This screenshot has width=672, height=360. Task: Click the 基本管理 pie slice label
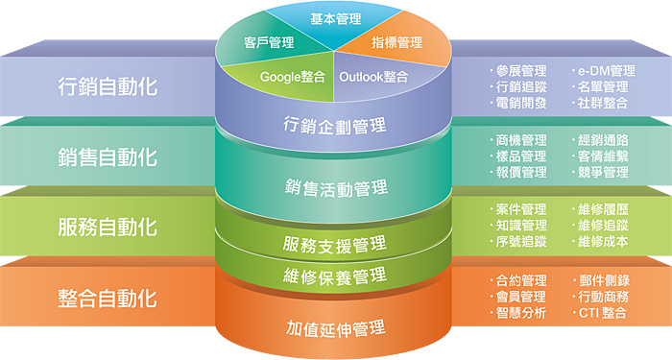point(335,18)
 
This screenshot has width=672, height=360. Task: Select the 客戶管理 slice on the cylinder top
point(269,42)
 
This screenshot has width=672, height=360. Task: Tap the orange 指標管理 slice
point(396,42)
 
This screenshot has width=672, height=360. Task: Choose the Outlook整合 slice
point(375,76)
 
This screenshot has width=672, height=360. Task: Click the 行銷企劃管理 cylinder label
point(335,125)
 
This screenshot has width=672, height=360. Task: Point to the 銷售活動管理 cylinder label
point(335,185)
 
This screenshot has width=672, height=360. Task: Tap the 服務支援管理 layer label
point(335,243)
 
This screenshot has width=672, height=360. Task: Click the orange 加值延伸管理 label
point(335,328)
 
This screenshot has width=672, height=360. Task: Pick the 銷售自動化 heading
point(107,156)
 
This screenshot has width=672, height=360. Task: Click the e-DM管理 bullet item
point(605,71)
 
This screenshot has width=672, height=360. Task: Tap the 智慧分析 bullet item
point(521,313)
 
